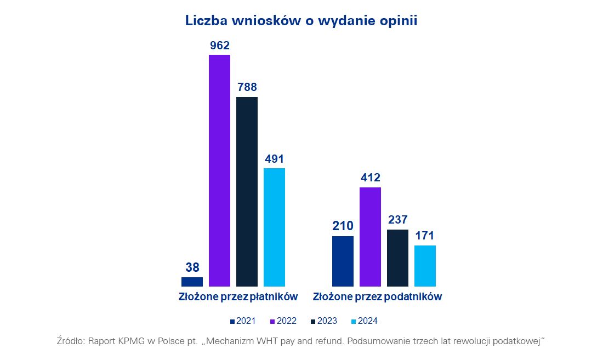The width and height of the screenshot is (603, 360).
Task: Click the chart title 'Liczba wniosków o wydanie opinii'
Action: click(301, 21)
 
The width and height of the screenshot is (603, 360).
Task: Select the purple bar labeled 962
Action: click(219, 170)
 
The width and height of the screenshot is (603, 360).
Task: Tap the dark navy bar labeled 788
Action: click(247, 191)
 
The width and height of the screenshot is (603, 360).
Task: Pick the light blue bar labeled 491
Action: click(274, 227)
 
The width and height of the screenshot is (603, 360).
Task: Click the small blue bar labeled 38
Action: click(192, 282)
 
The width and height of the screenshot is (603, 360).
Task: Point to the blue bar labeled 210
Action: click(343, 261)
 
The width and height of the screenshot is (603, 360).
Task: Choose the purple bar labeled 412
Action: click(370, 237)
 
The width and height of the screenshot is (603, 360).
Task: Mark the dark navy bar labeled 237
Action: click(397, 258)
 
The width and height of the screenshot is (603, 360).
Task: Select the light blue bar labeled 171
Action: click(425, 266)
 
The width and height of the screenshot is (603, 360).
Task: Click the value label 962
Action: click(219, 45)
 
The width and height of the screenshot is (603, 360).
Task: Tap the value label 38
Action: click(192, 267)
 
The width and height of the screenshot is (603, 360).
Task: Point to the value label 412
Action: click(370, 178)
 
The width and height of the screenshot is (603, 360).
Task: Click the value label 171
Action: click(425, 236)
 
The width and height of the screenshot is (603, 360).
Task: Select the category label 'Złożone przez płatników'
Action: click(238, 297)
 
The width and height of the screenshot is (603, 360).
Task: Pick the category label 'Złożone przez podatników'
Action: click(377, 297)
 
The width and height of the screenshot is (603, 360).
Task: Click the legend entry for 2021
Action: click(243, 321)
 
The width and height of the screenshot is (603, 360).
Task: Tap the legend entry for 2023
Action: click(323, 321)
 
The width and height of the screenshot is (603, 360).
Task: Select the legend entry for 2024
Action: click(363, 321)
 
